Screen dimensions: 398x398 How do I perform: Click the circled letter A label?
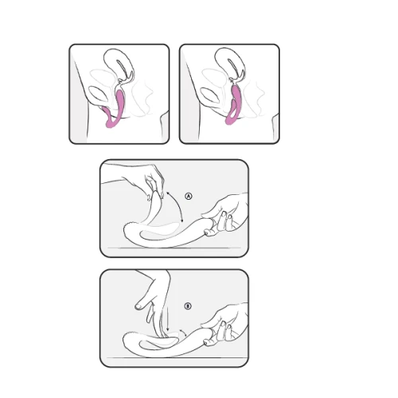click(189, 196)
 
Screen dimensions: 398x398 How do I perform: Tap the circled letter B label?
click(188, 306)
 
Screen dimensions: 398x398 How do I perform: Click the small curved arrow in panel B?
click(182, 332)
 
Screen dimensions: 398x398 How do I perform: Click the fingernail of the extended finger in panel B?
click(139, 306)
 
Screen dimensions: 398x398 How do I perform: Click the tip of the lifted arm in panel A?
click(159, 193)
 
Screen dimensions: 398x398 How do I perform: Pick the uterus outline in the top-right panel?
click(230, 64)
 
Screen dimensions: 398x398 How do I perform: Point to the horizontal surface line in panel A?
click(174, 248)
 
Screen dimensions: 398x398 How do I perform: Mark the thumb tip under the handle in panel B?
click(208, 343)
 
